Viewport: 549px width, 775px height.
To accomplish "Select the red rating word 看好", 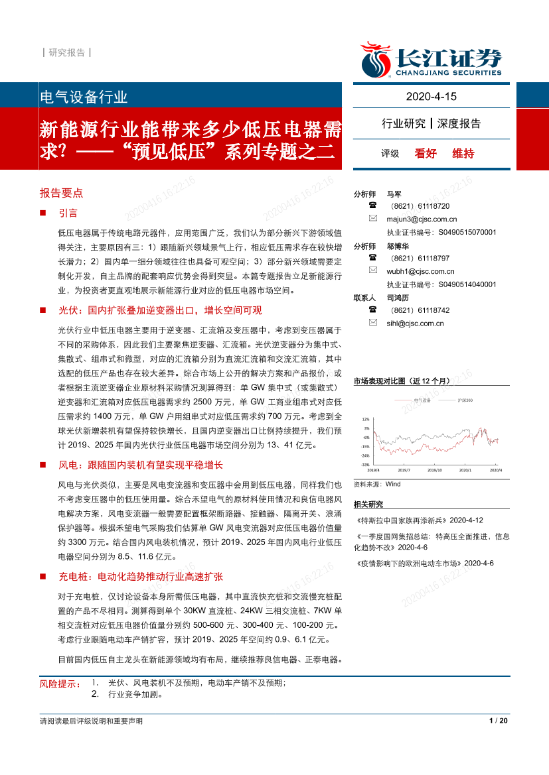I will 426,153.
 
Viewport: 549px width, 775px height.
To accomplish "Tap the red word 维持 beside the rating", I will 463,153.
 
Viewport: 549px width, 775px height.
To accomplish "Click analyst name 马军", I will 394,194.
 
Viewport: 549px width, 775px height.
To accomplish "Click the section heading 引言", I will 68,213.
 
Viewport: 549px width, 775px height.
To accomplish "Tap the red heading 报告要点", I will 61,193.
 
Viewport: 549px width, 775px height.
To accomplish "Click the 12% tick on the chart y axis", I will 365,420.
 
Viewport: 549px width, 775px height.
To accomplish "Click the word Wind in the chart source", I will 393,484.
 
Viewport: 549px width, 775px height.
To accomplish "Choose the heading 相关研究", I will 368,505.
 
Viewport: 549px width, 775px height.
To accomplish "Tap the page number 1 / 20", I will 498,721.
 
